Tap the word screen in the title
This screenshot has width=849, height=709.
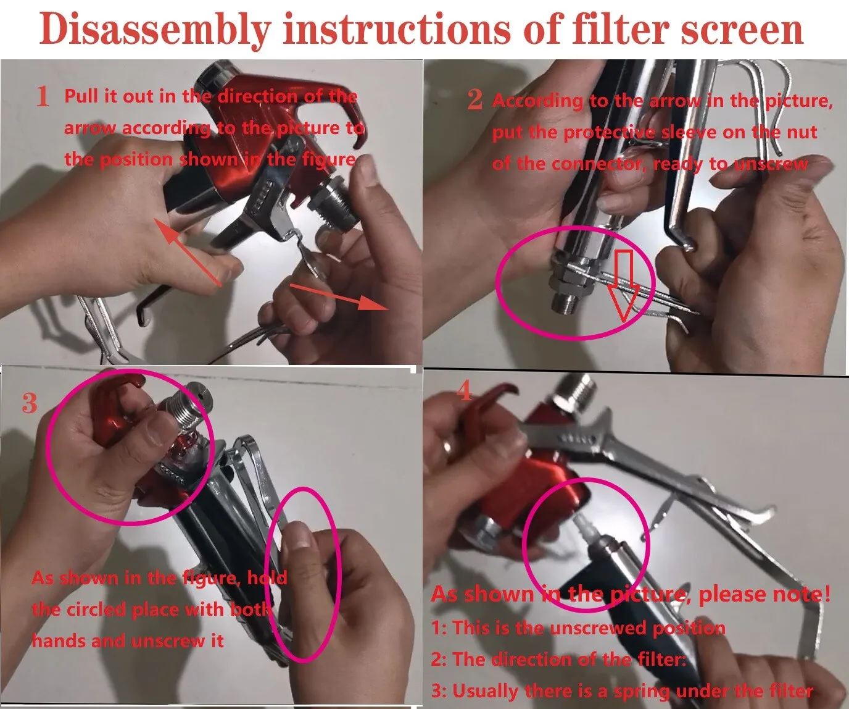point(742,29)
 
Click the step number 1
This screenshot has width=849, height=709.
point(43,96)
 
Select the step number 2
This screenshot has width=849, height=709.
point(475,99)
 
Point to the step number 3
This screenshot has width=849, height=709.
point(29,403)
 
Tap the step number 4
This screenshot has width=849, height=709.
point(465,391)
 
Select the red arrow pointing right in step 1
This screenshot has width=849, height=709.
point(339,296)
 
